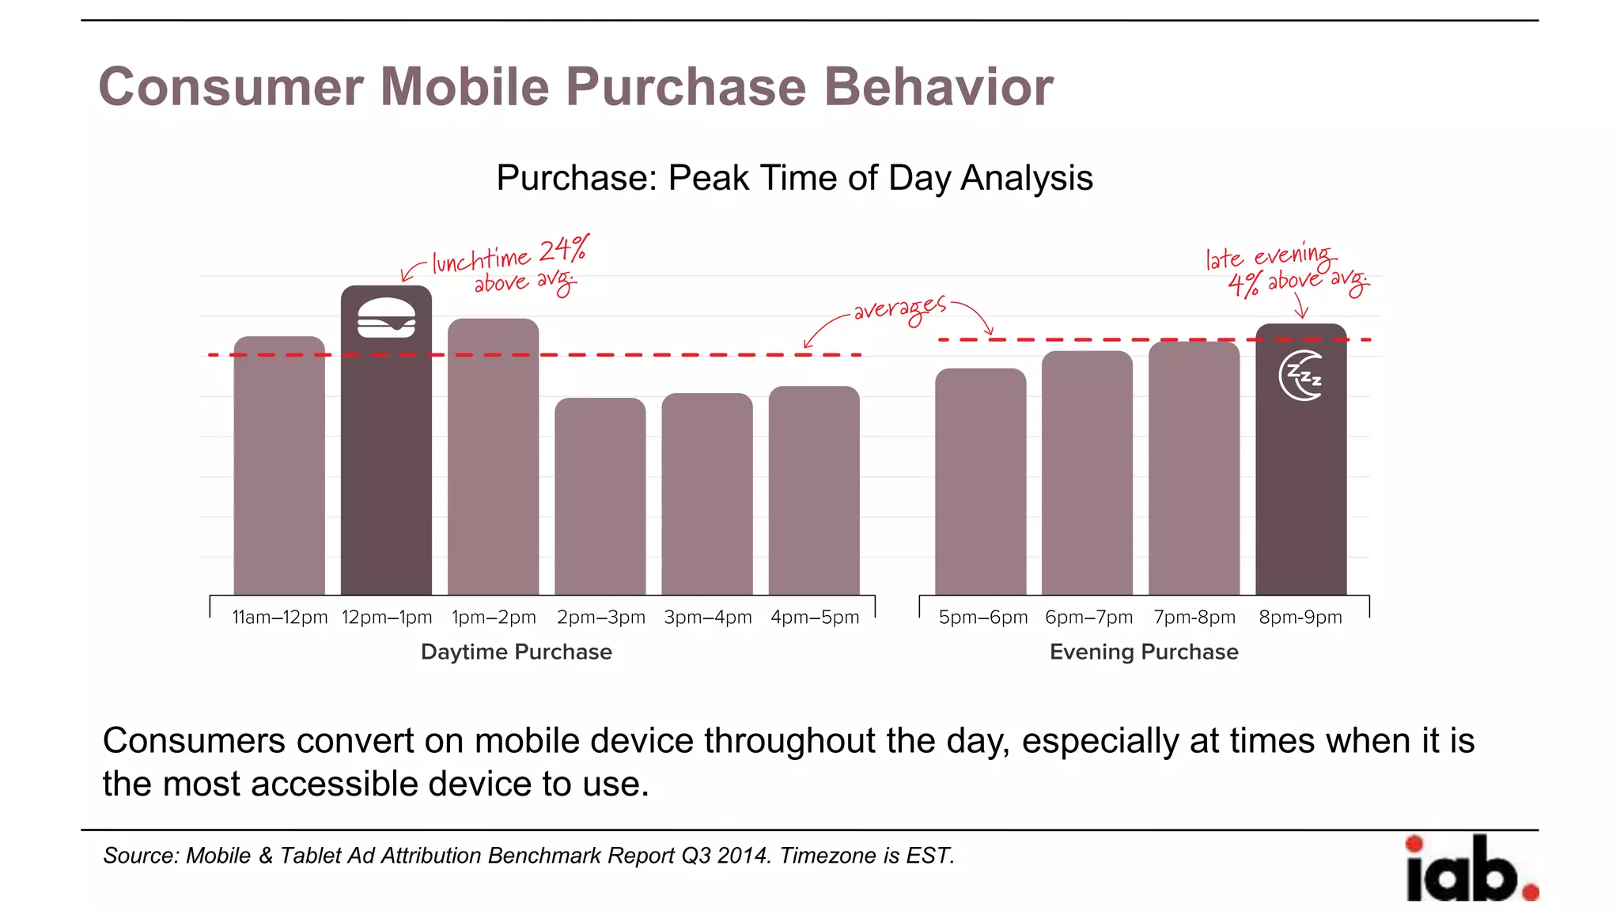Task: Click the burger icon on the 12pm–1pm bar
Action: pos(386,318)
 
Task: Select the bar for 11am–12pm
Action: pos(279,467)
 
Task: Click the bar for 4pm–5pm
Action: pos(814,490)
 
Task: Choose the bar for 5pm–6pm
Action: pos(981,482)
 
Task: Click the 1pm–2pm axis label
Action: pos(494,618)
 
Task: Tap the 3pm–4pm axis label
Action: pos(707,618)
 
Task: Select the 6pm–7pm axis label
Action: pos(1088,618)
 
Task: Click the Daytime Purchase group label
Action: pos(516,652)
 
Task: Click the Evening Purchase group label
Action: pos(1144,652)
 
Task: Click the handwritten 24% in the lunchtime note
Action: pos(563,250)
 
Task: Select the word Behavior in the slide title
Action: pos(938,87)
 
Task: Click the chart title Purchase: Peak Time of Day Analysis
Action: pos(794,178)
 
